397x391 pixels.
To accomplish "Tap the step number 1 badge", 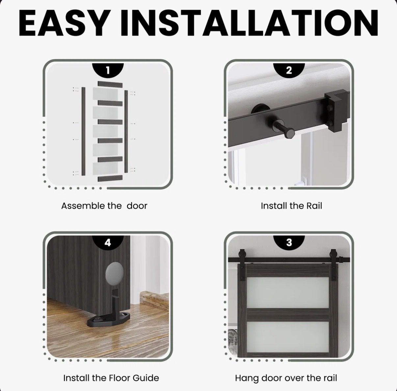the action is tap(108, 71).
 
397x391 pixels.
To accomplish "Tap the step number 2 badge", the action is tap(289, 70).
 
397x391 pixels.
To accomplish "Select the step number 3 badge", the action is tap(289, 242).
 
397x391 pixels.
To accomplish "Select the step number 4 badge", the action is tap(108, 242).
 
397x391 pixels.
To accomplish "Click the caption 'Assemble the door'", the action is tap(104, 206).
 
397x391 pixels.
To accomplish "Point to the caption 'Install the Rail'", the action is tap(291, 206).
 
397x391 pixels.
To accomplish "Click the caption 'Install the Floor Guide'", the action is tap(111, 378).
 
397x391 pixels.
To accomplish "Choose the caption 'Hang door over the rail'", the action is tap(286, 378).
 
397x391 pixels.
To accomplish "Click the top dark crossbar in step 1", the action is tap(110, 84).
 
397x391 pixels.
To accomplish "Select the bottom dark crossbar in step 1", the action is tap(110, 178).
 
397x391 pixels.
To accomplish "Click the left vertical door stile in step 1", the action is tap(83, 131).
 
